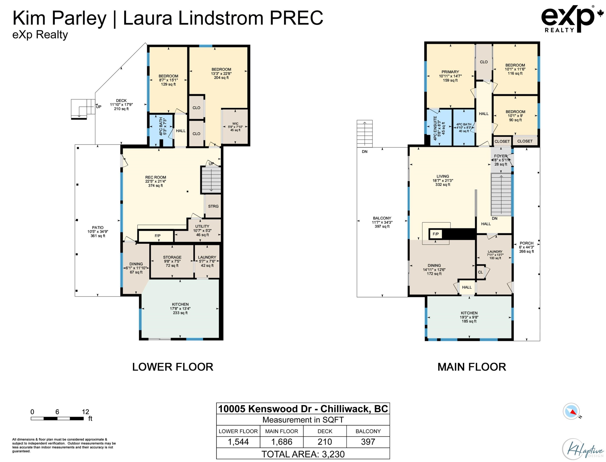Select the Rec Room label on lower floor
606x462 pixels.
pyautogui.click(x=156, y=181)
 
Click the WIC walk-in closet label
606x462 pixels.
pyautogui.click(x=235, y=127)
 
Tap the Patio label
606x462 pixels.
pyautogui.click(x=98, y=232)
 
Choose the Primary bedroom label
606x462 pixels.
pyautogui.click(x=450, y=76)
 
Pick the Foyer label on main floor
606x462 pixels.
pyautogui.click(x=501, y=160)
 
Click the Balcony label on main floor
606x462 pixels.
pyautogui.click(x=382, y=222)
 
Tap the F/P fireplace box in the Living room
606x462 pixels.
pyautogui.click(x=436, y=234)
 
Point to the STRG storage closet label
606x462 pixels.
pyautogui.click(x=213, y=206)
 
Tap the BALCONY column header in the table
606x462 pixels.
pyautogui.click(x=368, y=431)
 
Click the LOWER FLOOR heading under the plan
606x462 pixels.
pyautogui.click(x=173, y=367)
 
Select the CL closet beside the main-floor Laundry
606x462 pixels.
pyautogui.click(x=480, y=272)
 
